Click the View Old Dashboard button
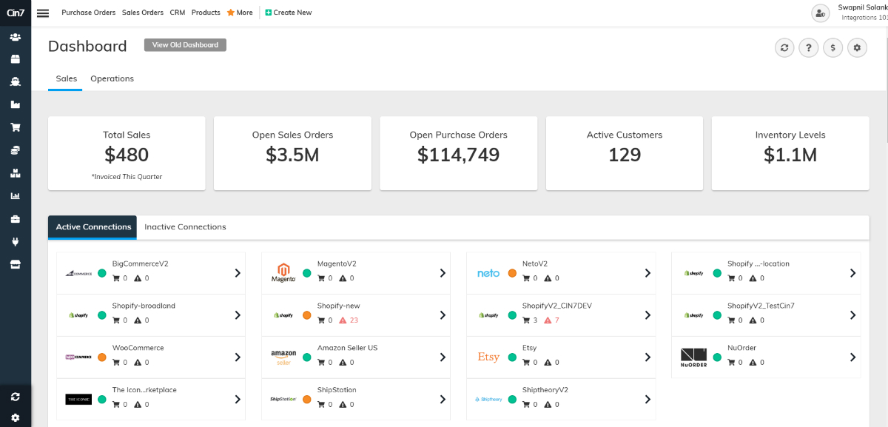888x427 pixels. [x=185, y=45]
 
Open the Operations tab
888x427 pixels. [x=112, y=78]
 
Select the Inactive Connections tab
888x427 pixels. [x=185, y=227]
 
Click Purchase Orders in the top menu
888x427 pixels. [x=89, y=13]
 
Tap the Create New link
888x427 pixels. [x=288, y=13]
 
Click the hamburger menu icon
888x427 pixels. [x=43, y=13]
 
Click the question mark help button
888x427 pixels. [x=809, y=48]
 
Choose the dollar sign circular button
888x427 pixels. [x=833, y=48]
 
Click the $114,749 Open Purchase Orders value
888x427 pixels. [x=458, y=155]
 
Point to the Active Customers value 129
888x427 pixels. [x=624, y=155]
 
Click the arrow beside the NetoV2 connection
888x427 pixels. [x=647, y=273]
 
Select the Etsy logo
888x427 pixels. [x=488, y=357]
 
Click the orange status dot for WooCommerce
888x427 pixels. [x=102, y=357]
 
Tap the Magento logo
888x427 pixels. [x=283, y=273]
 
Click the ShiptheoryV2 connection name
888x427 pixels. [x=545, y=390]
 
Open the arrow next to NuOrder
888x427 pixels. [x=852, y=357]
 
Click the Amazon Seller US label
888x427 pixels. [x=347, y=348]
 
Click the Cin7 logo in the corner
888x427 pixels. [x=15, y=13]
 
